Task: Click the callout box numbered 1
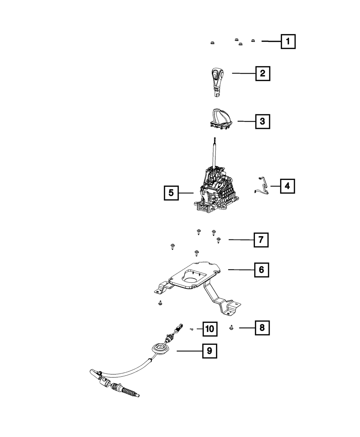pyautogui.click(x=288, y=42)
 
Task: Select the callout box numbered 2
pyautogui.click(x=262, y=73)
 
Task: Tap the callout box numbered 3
pyautogui.click(x=262, y=122)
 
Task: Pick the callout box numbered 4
pyautogui.click(x=287, y=186)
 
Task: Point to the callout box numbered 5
pyautogui.click(x=171, y=193)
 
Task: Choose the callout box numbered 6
pyautogui.click(x=261, y=269)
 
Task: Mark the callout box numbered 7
pyautogui.click(x=261, y=239)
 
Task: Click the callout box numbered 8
pyautogui.click(x=262, y=328)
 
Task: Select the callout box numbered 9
pyautogui.click(x=209, y=350)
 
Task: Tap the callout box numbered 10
pyautogui.click(x=210, y=328)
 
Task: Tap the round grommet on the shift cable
pyautogui.click(x=160, y=348)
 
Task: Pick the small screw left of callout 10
pyautogui.click(x=192, y=329)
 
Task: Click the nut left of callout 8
pyautogui.click(x=231, y=328)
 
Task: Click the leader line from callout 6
pyautogui.click(x=241, y=269)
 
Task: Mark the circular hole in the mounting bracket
pyautogui.click(x=190, y=280)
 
